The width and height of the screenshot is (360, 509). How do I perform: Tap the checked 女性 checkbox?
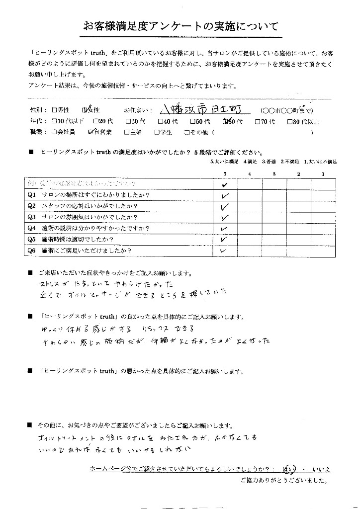(86, 110)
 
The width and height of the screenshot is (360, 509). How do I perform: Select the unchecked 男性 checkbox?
(54, 110)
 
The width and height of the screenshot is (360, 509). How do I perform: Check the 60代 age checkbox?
(227, 121)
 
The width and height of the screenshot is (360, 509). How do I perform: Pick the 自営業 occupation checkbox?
(90, 132)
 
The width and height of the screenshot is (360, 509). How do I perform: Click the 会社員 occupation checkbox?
(54, 133)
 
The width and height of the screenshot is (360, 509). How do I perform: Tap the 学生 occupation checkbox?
(157, 133)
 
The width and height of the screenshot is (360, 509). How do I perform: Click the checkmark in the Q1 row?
(225, 195)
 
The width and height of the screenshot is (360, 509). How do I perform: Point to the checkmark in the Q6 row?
(223, 251)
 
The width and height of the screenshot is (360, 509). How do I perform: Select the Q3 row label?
(31, 217)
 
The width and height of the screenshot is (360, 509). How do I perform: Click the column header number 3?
(274, 173)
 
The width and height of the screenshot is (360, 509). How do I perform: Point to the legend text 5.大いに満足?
(225, 162)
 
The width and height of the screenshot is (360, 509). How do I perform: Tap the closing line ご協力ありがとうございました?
(284, 481)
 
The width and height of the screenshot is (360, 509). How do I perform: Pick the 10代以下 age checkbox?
(54, 121)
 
